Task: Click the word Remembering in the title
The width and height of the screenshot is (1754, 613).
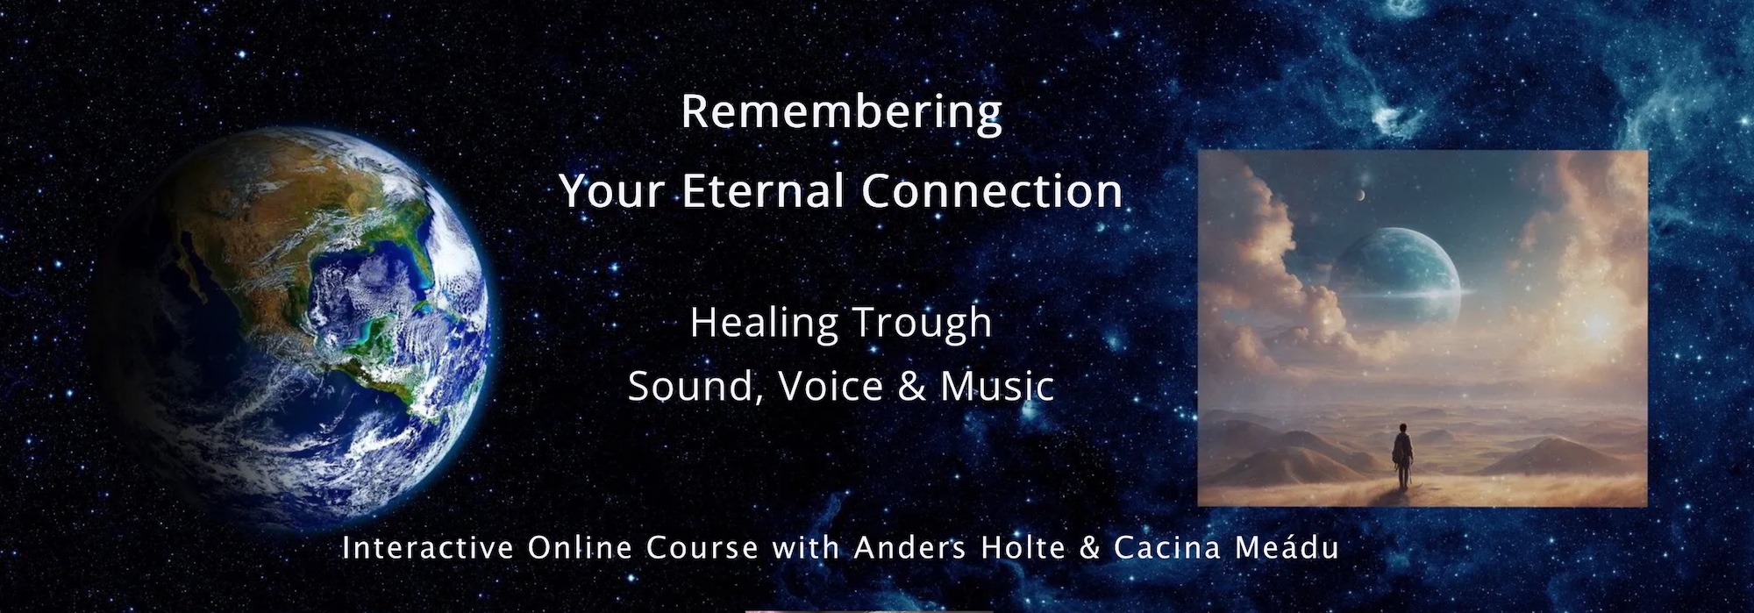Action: pyautogui.click(x=841, y=112)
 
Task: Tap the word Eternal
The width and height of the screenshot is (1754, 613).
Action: pyautogui.click(x=765, y=190)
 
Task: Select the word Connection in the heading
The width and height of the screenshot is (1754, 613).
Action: pyautogui.click(x=992, y=190)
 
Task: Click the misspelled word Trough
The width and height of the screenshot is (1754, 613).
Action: pyautogui.click(x=923, y=324)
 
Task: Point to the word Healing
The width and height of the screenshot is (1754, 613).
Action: pyautogui.click(x=765, y=324)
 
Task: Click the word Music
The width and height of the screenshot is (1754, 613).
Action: pyautogui.click(x=997, y=386)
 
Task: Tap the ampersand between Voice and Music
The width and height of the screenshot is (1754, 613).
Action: pyautogui.click(x=911, y=387)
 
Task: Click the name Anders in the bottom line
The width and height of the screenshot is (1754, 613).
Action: pyautogui.click(x=909, y=548)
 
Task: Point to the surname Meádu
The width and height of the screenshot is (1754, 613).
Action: pyautogui.click(x=1287, y=547)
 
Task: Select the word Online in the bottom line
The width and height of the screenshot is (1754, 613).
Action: pyautogui.click(x=580, y=548)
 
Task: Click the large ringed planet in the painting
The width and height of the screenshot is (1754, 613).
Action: pyautogui.click(x=1394, y=281)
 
